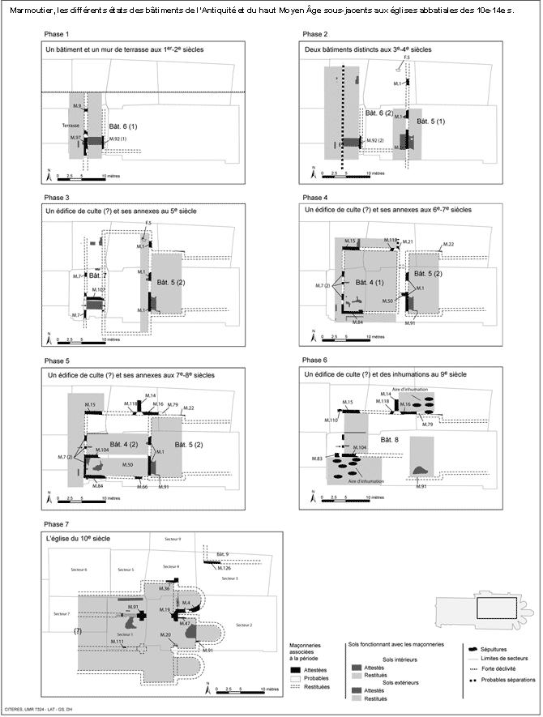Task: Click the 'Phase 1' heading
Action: tap(56, 34)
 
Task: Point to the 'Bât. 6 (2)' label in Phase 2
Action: tap(378, 113)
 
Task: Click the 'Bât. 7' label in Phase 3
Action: tap(98, 276)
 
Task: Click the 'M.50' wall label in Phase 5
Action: tap(128, 464)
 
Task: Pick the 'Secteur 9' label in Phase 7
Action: tap(173, 539)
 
